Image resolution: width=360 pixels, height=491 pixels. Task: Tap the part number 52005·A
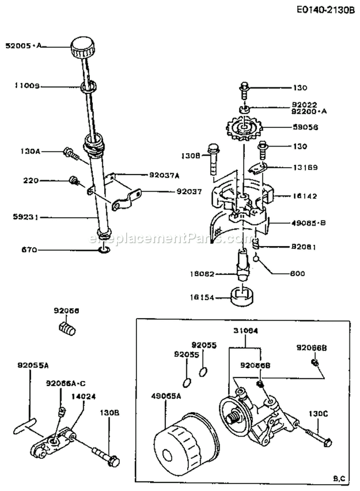point(23,46)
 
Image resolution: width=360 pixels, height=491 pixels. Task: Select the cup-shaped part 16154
point(243,296)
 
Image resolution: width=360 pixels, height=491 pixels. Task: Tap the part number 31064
point(245,331)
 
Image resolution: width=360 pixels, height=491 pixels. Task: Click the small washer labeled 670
point(105,250)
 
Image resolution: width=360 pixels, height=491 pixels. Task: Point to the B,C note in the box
point(338,478)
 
